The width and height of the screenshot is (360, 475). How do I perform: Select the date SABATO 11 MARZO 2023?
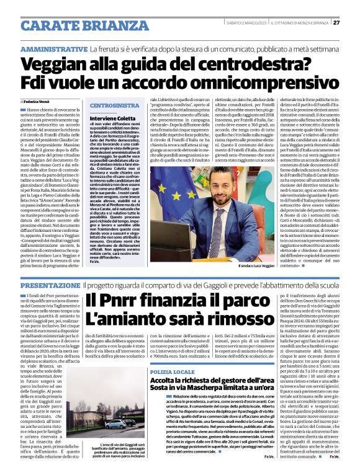(248, 23)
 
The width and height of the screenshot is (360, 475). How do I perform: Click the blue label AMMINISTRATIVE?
(53, 48)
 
